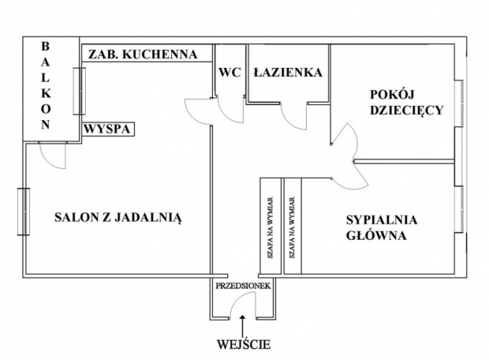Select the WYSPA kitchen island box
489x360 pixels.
(x=107, y=128)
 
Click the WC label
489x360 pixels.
(x=229, y=72)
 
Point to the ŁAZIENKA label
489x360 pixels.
(x=287, y=72)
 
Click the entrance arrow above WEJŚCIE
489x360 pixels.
(x=243, y=322)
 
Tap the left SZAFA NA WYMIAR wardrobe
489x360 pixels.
(x=271, y=226)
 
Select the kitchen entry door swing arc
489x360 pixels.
(x=199, y=111)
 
